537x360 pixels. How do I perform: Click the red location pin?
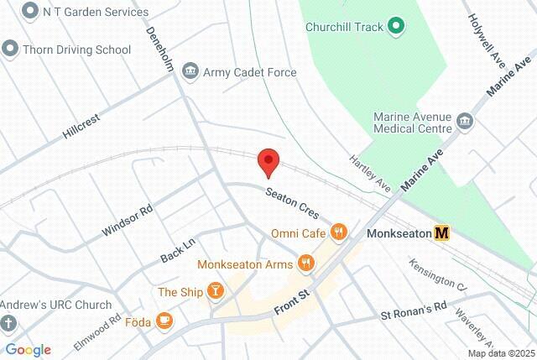click(x=268, y=161)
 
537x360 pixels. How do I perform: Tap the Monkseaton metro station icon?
click(x=441, y=233)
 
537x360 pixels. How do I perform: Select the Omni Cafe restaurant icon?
click(x=339, y=232)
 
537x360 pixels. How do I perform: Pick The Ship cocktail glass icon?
click(x=216, y=291)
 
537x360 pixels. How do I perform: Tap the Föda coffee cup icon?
click(x=164, y=320)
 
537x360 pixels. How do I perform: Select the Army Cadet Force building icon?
click(x=190, y=72)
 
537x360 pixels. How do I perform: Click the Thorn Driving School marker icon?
click(x=10, y=49)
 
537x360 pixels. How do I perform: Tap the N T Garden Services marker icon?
click(x=31, y=12)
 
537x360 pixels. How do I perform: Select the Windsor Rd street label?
click(x=127, y=220)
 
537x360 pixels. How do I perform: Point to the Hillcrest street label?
click(x=81, y=126)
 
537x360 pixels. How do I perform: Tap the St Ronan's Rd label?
click(x=414, y=310)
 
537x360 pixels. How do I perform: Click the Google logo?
click(x=28, y=350)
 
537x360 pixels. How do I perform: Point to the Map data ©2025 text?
click(x=501, y=353)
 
